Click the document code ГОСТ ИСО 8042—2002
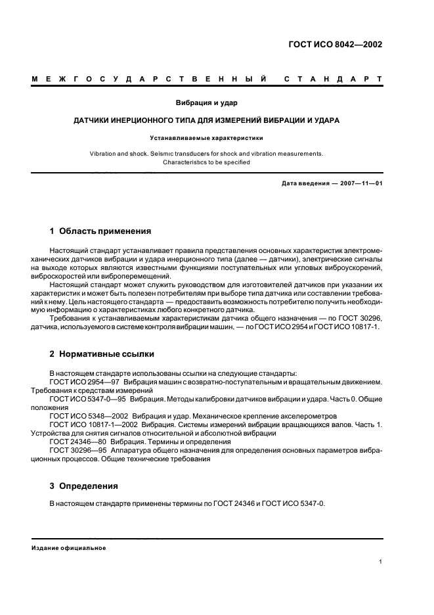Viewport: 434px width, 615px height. [335, 45]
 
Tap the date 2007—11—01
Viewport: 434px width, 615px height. [360, 183]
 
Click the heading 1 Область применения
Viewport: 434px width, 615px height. [100, 231]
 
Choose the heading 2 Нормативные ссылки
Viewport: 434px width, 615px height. [102, 353]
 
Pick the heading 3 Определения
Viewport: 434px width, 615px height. [84, 486]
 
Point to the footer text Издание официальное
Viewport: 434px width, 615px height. [69, 548]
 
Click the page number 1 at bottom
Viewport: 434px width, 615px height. [381, 562]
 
